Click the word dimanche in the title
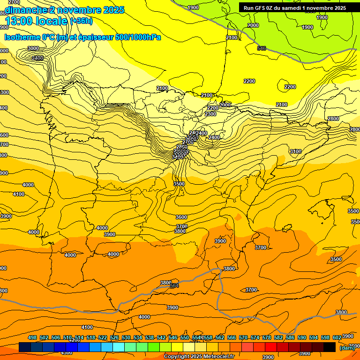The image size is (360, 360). (x=26, y=10)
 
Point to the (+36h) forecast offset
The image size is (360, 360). (x=81, y=21)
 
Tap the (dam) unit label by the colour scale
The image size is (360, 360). (x=346, y=348)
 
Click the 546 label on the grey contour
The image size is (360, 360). (x=262, y=48)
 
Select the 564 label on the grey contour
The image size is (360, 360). (x=174, y=285)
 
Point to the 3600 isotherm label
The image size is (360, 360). (x=181, y=217)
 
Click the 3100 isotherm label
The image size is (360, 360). (x=295, y=151)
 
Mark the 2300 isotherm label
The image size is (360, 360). (x=210, y=114)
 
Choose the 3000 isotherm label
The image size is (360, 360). (x=33, y=48)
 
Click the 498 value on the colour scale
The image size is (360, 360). (x=32, y=338)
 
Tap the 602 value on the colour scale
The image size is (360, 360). (x=337, y=338)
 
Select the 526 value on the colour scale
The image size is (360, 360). (x=114, y=338)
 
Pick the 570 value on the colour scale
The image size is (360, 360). (x=243, y=338)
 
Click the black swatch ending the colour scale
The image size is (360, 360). (x=330, y=347)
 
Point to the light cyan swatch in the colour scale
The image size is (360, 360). (x=119, y=347)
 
